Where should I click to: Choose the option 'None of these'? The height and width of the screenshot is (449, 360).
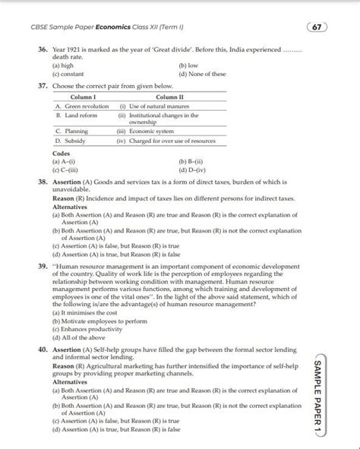[x=202, y=74]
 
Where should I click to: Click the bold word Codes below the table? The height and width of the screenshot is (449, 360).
[x=62, y=154]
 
